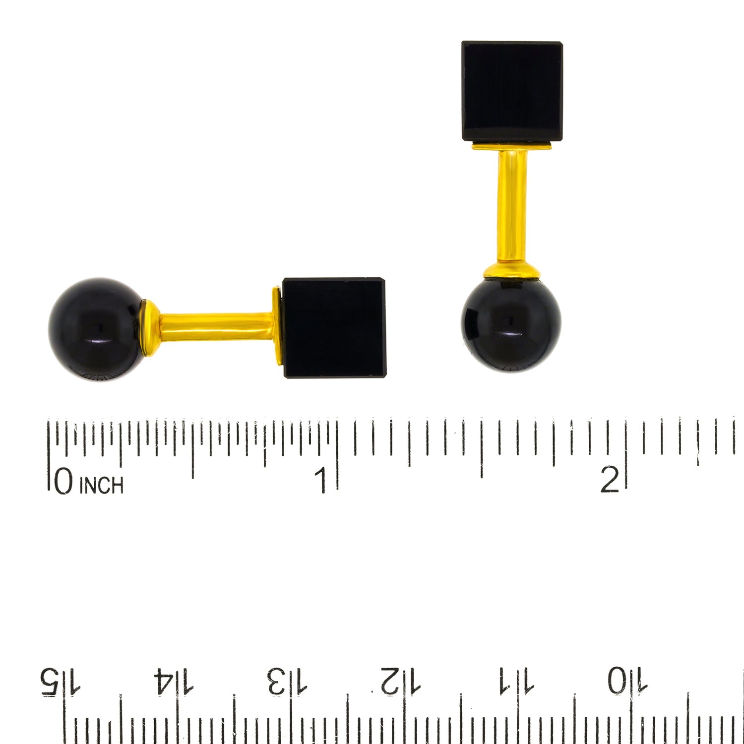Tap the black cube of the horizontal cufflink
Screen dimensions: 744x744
coord(334,327)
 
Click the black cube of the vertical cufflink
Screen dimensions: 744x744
coord(512,92)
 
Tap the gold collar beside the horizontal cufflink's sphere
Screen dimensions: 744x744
coord(149,328)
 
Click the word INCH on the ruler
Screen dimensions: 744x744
coord(101,485)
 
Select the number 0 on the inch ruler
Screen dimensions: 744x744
coord(63,482)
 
